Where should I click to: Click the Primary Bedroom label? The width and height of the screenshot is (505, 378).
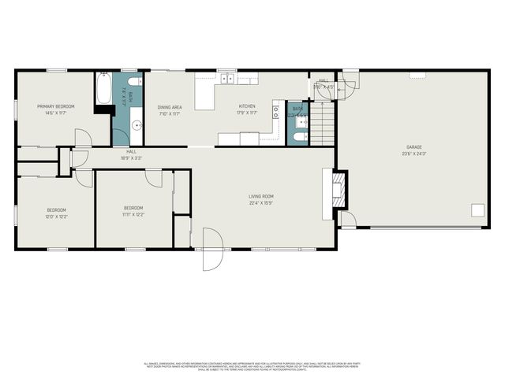(55, 106)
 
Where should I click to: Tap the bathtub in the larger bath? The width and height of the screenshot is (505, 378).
(103, 89)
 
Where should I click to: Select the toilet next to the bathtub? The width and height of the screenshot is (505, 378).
(134, 81)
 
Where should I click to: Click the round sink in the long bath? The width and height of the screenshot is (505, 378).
(135, 124)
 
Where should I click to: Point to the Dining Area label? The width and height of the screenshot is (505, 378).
(170, 107)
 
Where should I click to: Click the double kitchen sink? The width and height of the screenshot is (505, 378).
(227, 78)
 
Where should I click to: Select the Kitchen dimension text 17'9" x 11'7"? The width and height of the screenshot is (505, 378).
(247, 113)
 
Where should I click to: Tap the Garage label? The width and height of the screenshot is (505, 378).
(415, 147)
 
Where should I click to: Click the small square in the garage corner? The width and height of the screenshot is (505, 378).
(477, 209)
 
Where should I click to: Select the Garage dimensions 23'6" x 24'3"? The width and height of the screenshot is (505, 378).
(415, 154)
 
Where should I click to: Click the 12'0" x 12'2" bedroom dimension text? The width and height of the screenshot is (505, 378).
(56, 216)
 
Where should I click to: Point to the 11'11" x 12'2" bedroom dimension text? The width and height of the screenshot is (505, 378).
(133, 215)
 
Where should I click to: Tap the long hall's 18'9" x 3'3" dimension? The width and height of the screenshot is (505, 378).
(131, 157)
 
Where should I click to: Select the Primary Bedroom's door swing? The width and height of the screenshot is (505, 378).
(84, 139)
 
